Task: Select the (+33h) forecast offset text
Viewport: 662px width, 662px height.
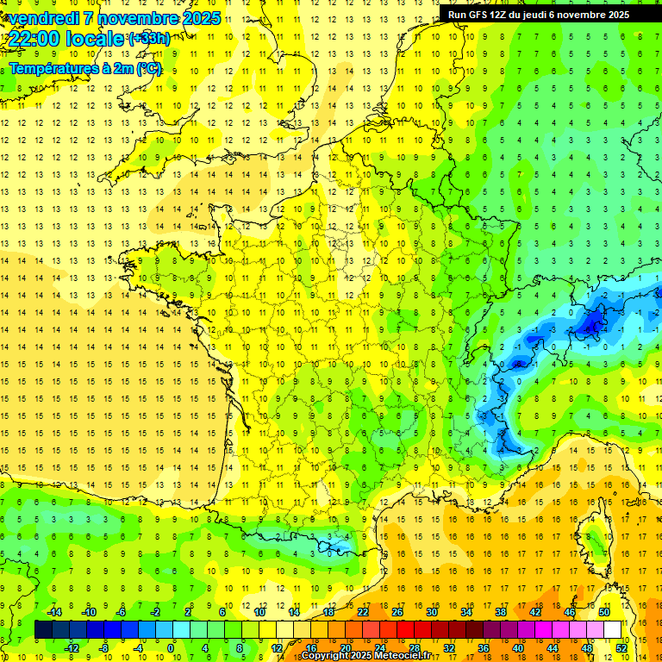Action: pyautogui.click(x=148, y=38)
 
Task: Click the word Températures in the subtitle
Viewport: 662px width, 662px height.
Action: pyautogui.click(x=55, y=68)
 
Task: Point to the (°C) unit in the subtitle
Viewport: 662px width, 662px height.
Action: pyautogui.click(x=147, y=68)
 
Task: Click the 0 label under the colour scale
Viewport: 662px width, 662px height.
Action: pyautogui.click(x=171, y=647)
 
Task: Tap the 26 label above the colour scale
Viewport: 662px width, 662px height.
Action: pyautogui.click(x=397, y=612)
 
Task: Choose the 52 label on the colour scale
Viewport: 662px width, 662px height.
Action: pyautogui.click(x=621, y=647)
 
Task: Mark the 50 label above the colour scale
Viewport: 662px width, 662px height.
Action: pyautogui.click(x=604, y=612)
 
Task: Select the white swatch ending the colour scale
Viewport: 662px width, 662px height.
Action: pyautogui.click(x=613, y=630)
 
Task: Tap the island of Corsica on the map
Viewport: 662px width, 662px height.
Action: pyautogui.click(x=594, y=539)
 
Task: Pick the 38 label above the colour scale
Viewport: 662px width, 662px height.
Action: pyautogui.click(x=501, y=612)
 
